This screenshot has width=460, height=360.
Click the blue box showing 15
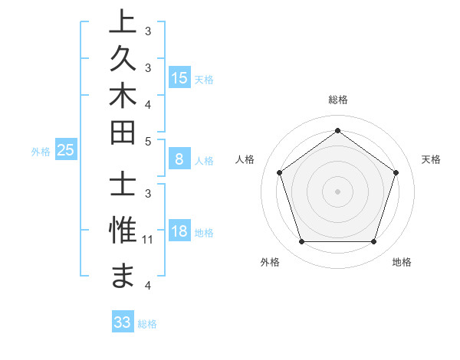click(179, 78)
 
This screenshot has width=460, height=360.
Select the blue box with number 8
click(179, 160)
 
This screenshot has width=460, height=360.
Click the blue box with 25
click(65, 151)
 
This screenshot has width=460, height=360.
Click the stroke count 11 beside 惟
click(149, 240)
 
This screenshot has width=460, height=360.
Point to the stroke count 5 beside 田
click(148, 142)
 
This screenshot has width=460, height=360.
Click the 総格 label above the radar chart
click(337, 100)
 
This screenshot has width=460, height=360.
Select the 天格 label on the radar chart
click(431, 159)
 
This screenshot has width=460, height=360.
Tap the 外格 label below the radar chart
click(270, 263)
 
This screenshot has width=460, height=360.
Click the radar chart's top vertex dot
click(337, 130)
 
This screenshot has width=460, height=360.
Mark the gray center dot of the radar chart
click(337, 191)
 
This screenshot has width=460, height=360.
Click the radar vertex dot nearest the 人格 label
click(279, 172)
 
